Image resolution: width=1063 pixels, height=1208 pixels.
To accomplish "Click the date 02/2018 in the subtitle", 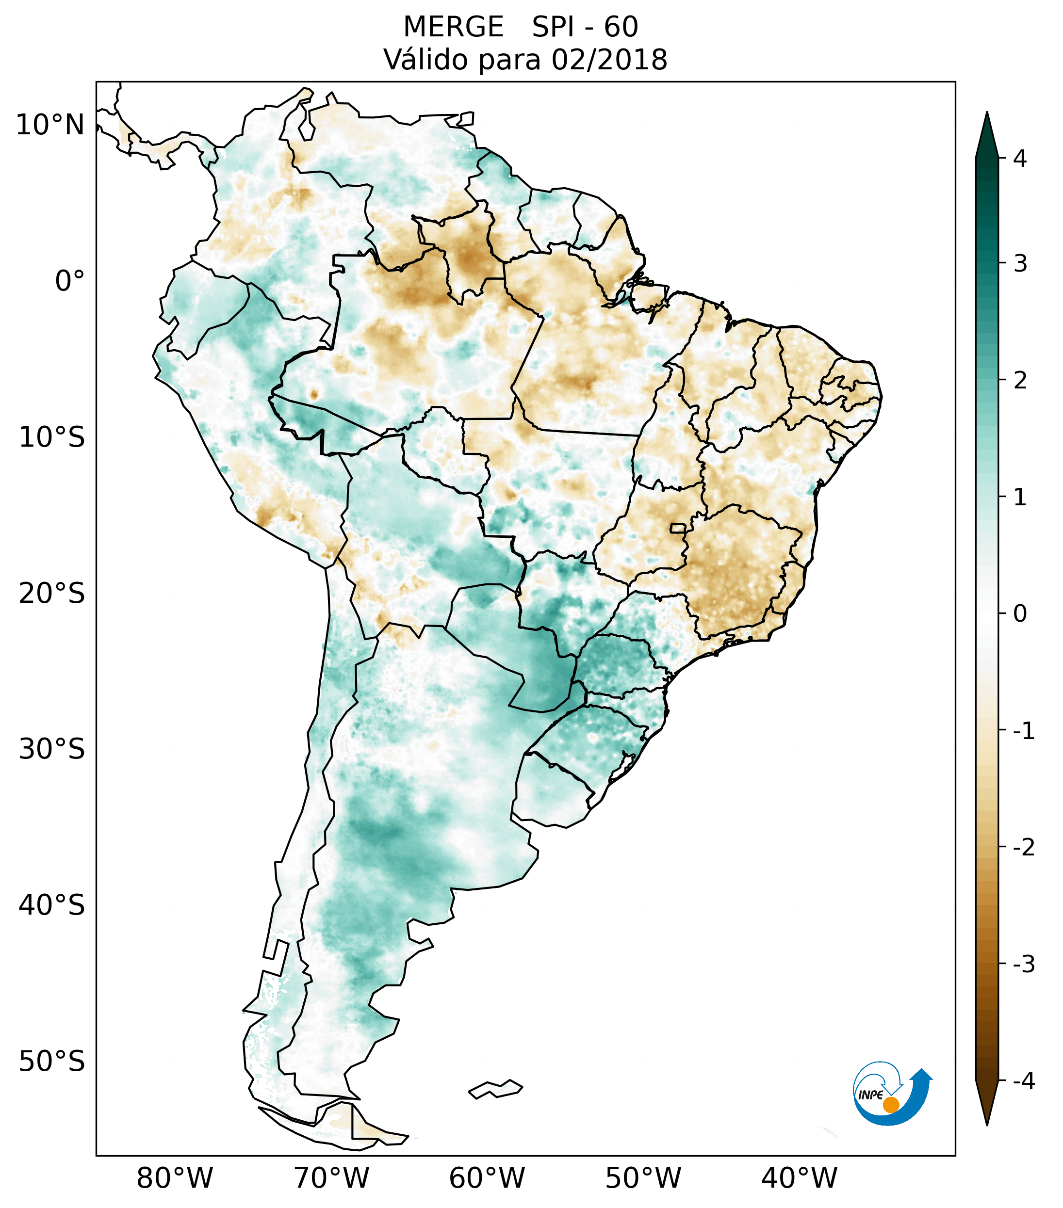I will click(x=609, y=60).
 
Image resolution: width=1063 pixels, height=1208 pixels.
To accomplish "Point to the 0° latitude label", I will click(x=70, y=281).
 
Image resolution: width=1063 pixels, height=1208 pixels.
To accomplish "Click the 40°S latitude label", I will click(x=52, y=905).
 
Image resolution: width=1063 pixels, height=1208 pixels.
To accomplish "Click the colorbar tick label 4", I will click(x=1020, y=159).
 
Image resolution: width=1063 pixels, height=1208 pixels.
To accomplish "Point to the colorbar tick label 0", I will click(x=1020, y=614).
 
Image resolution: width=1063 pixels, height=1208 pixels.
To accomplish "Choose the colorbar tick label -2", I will click(x=1023, y=848).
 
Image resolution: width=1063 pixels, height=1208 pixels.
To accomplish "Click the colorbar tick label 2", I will click(x=1020, y=381).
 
